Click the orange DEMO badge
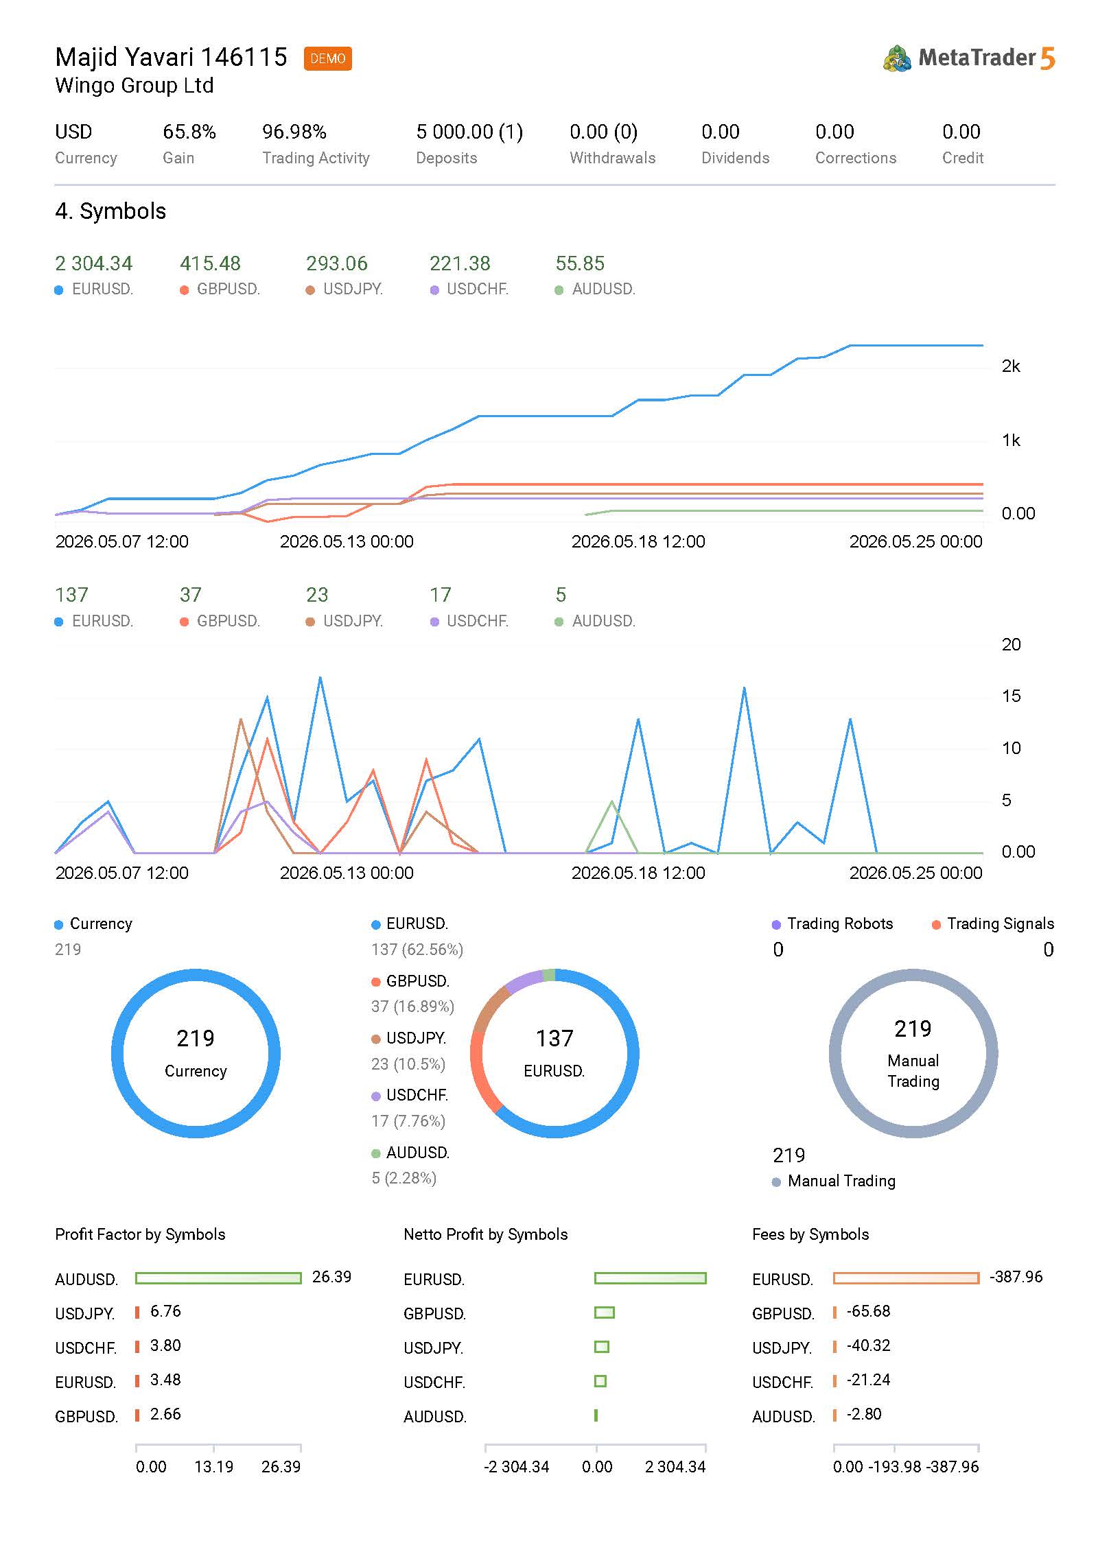pyautogui.click(x=327, y=58)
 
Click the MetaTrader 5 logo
pyautogui.click(x=968, y=58)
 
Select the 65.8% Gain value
pyautogui.click(x=189, y=131)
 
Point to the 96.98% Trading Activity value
pyautogui.click(x=294, y=131)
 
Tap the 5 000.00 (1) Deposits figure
pyautogui.click(x=469, y=131)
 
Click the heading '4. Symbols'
pyautogui.click(x=110, y=211)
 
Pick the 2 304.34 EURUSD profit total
pyautogui.click(x=93, y=263)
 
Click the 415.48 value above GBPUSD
pyautogui.click(x=210, y=263)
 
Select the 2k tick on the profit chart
pyautogui.click(x=1011, y=366)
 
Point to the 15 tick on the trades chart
pyautogui.click(x=1011, y=696)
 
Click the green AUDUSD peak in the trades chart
pyautogui.click(x=612, y=801)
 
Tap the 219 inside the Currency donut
pyautogui.click(x=196, y=1038)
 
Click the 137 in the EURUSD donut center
pyautogui.click(x=554, y=1038)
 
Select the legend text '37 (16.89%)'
pyautogui.click(x=412, y=1006)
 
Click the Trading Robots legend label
pyautogui.click(x=840, y=923)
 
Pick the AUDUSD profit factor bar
pyautogui.click(x=218, y=1278)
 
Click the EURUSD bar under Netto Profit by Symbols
pyautogui.click(x=650, y=1278)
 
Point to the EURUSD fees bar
pyautogui.click(x=906, y=1278)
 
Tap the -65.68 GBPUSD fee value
pyautogui.click(x=868, y=1311)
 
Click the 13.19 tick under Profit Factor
pyautogui.click(x=213, y=1466)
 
